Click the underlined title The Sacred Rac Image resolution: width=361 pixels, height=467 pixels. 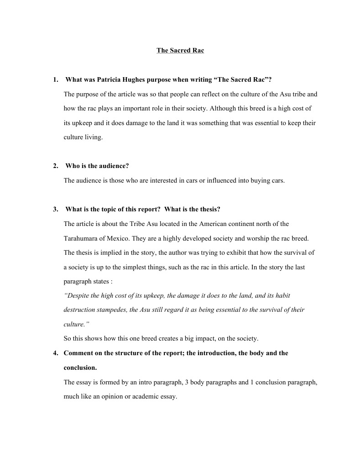(x=180, y=50)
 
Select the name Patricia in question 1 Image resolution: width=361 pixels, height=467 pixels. (x=109, y=80)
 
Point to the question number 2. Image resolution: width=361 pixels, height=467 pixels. (x=55, y=166)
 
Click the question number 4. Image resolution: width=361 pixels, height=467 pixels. (x=55, y=353)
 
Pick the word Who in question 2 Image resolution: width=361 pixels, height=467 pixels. (x=72, y=166)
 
